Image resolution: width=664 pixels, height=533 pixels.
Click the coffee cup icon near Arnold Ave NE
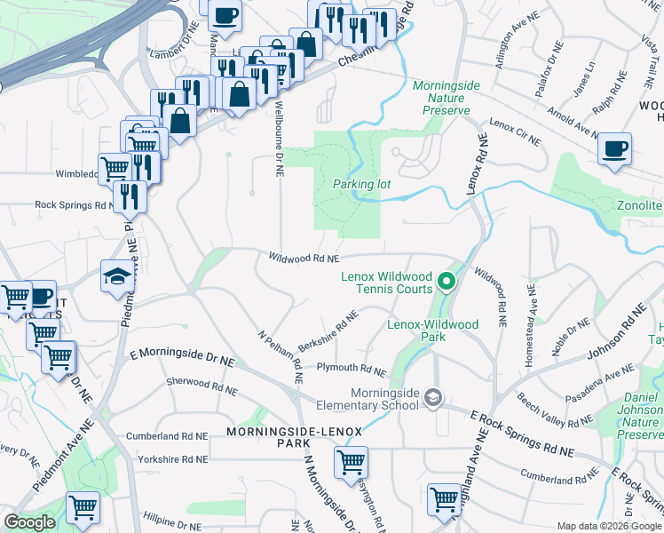[x=614, y=149]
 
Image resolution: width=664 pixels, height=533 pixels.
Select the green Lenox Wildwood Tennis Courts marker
[x=447, y=282]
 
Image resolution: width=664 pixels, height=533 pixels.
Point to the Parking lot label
[x=361, y=184]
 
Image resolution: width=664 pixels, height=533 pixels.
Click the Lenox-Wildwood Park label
[x=432, y=331]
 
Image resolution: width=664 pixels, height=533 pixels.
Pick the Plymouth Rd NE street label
[x=352, y=369]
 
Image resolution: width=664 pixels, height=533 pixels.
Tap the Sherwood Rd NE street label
[x=201, y=386]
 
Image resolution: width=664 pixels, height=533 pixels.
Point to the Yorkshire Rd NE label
[x=172, y=459]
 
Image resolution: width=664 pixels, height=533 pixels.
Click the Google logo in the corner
[x=29, y=522]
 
